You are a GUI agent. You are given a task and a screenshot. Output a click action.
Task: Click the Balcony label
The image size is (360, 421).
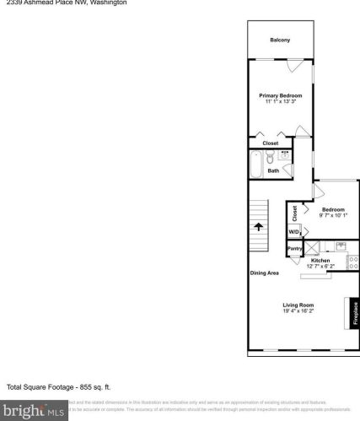(280, 40)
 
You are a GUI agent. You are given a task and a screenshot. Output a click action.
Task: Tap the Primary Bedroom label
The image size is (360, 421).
(280, 95)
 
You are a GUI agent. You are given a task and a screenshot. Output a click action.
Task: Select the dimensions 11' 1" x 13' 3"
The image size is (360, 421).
(280, 102)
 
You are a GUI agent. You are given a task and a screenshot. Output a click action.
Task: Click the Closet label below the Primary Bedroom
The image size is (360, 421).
(270, 143)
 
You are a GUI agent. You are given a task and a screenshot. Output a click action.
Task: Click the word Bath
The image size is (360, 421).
(273, 171)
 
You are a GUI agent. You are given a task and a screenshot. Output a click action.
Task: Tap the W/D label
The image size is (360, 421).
(294, 231)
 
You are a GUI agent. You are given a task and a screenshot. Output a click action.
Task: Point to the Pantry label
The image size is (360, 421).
(295, 249)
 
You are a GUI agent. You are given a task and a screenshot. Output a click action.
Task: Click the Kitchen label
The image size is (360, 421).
(320, 261)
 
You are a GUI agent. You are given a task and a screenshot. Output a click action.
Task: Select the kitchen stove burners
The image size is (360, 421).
(353, 262)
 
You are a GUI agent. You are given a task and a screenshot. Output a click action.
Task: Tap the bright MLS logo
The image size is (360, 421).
(33, 413)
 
